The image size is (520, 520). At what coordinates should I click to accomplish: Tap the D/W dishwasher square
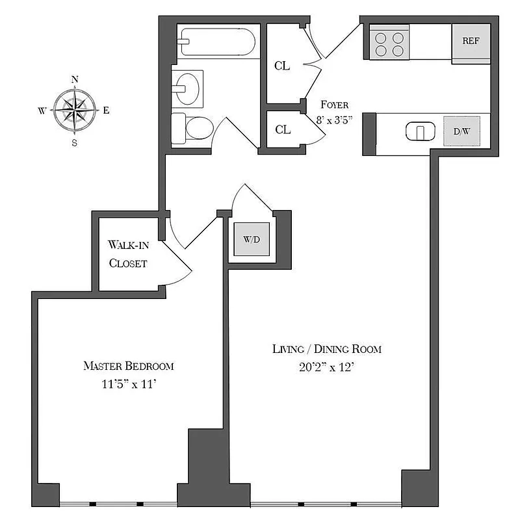point(461,132)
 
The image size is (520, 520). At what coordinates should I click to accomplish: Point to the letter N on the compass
point(75,80)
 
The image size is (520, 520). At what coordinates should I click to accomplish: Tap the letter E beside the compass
point(106,110)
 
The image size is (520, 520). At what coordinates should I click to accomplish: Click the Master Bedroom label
point(129,366)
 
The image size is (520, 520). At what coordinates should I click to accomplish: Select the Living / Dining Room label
point(326,349)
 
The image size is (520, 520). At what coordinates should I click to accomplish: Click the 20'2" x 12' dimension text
point(326,367)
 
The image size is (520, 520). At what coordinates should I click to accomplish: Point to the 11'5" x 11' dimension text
point(129,384)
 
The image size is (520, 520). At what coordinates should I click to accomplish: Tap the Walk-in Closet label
point(128,254)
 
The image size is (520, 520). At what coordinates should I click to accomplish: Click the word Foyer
point(335,105)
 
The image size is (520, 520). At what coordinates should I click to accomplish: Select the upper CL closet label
point(282,66)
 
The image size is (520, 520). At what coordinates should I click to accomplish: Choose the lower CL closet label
point(282,129)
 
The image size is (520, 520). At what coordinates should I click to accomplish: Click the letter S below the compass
point(75,143)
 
